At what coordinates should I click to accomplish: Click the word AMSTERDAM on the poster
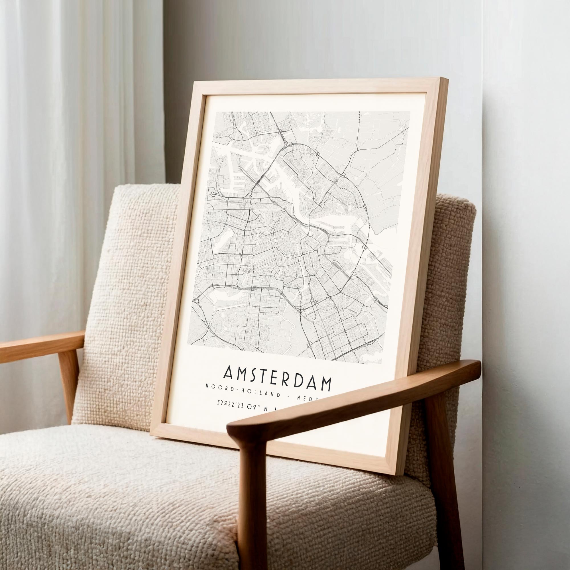277,379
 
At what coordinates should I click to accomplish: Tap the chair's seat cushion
118,484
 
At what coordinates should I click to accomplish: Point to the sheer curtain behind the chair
59,148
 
